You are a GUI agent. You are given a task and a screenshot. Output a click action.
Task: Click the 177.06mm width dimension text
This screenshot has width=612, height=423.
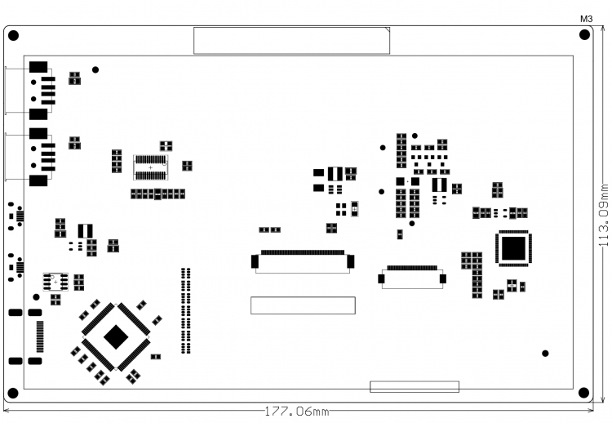point(295,411)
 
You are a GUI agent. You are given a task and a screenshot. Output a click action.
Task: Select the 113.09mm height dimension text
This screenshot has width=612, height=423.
point(604,216)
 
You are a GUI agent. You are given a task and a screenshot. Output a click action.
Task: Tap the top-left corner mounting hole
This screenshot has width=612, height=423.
point(14,35)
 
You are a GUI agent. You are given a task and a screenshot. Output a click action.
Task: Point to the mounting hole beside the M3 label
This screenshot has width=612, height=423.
point(584,35)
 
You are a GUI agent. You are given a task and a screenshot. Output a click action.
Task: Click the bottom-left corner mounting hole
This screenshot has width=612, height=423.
point(14,393)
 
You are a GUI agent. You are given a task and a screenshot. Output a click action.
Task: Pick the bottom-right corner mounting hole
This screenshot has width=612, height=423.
point(584,393)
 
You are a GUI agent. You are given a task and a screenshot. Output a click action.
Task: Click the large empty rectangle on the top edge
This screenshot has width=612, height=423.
point(291,40)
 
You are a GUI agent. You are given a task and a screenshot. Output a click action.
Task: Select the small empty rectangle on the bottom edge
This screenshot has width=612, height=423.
point(415,387)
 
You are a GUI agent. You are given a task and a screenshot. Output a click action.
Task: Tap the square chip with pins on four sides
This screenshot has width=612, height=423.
point(513,248)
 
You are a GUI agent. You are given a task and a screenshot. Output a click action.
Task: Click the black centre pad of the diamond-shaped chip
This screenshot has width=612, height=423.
point(116,336)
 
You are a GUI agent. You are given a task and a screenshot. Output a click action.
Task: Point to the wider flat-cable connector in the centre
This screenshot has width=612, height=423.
point(303,260)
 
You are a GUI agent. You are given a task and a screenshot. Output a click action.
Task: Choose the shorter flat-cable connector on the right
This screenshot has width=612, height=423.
point(412,276)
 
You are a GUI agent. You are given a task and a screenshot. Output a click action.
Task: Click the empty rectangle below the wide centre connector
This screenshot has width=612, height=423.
point(302,305)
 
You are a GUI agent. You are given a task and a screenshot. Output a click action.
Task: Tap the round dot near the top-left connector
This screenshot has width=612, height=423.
point(95,70)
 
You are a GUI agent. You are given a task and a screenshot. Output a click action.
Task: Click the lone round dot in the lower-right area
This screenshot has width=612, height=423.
point(545,354)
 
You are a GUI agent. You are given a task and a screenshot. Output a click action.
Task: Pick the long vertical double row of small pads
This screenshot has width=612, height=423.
point(186,310)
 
